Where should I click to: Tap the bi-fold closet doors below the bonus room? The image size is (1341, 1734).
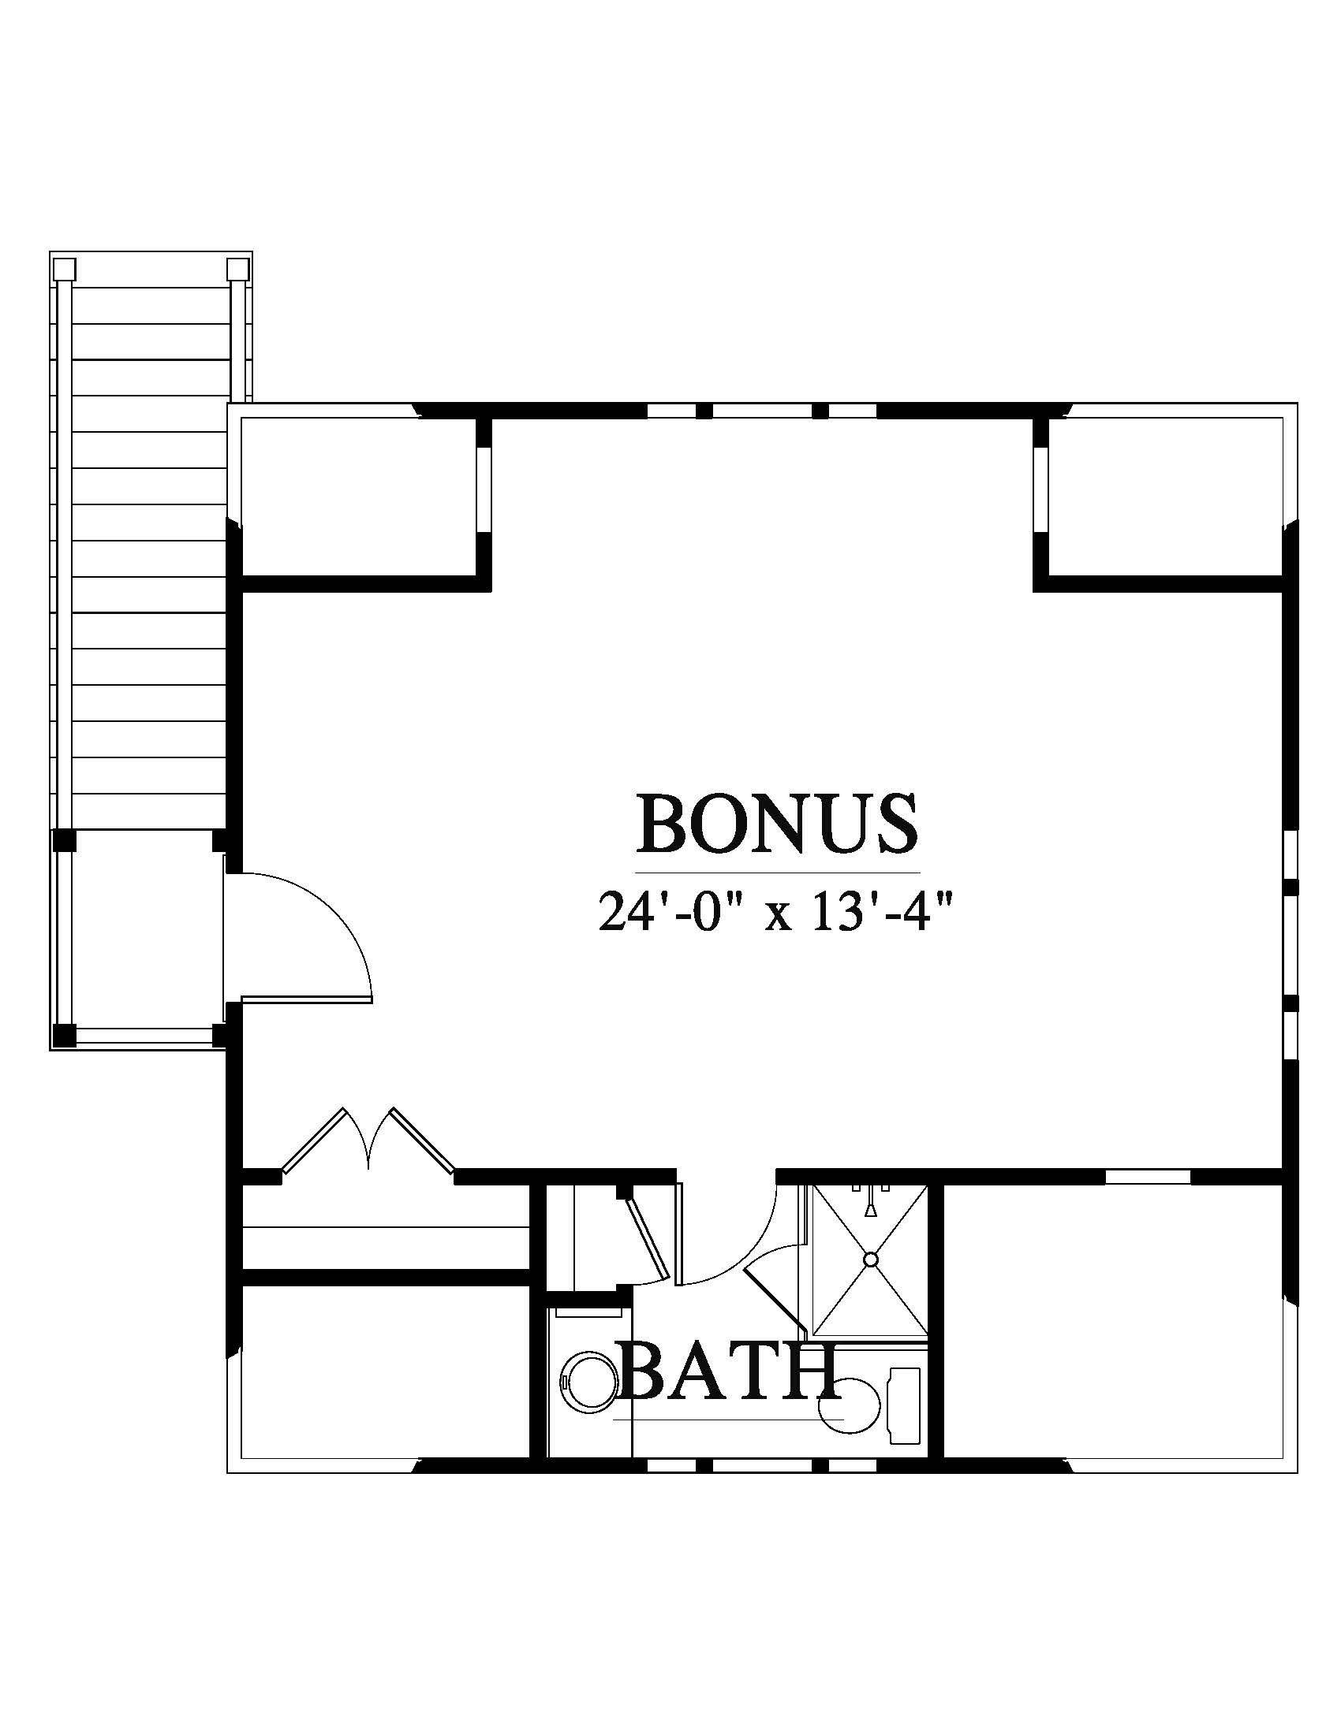coord(368,1140)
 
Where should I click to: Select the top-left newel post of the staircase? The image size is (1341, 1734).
coord(65,269)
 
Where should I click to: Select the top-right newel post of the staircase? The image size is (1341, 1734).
coord(237,269)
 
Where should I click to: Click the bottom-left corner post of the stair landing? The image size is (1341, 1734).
coord(64,1035)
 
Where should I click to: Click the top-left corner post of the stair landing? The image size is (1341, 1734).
coord(64,840)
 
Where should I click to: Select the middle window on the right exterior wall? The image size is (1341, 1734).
coord(1291,945)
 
